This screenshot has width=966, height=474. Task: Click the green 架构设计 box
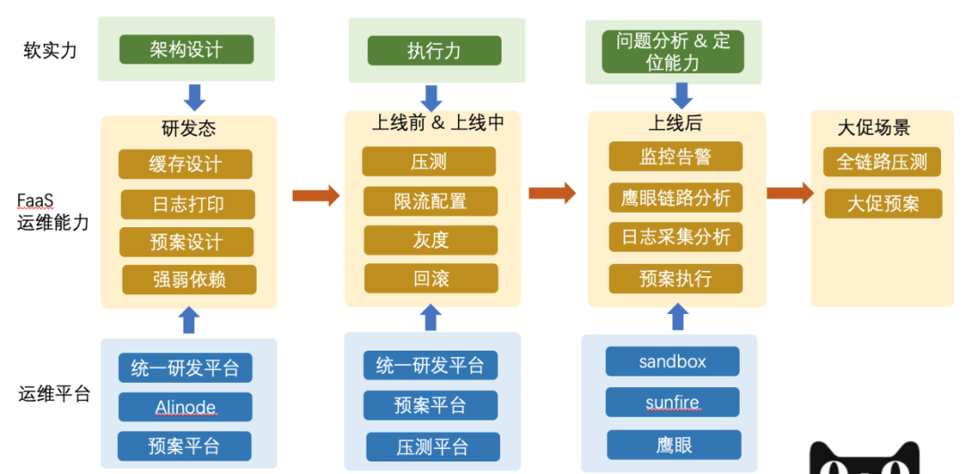tap(187, 49)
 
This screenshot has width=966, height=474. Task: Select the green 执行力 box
tap(434, 50)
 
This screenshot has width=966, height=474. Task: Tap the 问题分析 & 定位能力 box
tap(674, 52)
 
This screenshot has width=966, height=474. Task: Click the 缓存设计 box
tap(185, 165)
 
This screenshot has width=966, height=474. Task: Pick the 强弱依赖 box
tap(189, 280)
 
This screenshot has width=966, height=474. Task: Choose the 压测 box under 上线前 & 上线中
tap(428, 162)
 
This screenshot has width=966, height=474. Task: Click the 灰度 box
tap(430, 240)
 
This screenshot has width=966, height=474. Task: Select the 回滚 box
tap(430, 278)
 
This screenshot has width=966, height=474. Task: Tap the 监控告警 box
tap(675, 157)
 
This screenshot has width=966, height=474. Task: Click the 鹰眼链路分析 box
tap(675, 197)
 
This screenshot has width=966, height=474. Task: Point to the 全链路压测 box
tap(882, 162)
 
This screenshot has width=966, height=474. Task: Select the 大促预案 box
tap(883, 203)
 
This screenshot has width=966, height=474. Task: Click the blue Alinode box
tap(185, 407)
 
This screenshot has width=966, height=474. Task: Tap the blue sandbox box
tap(673, 361)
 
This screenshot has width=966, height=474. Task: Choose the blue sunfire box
tap(673, 402)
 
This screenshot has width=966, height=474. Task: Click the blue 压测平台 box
tap(432, 446)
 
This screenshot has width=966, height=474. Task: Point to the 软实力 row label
tap(50, 50)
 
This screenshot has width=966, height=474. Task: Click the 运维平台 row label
tap(55, 394)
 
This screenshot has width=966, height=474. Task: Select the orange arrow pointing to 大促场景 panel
tap(789, 193)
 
